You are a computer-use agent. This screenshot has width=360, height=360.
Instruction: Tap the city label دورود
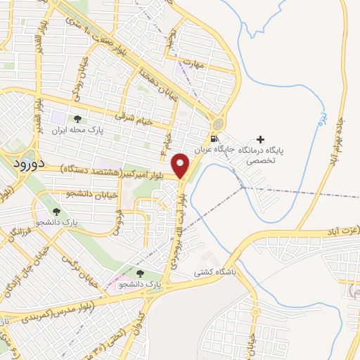coord(30,162)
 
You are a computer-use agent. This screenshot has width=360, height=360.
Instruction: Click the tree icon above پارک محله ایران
coord(77,118)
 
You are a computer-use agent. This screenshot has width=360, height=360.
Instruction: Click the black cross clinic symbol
coord(261,139)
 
